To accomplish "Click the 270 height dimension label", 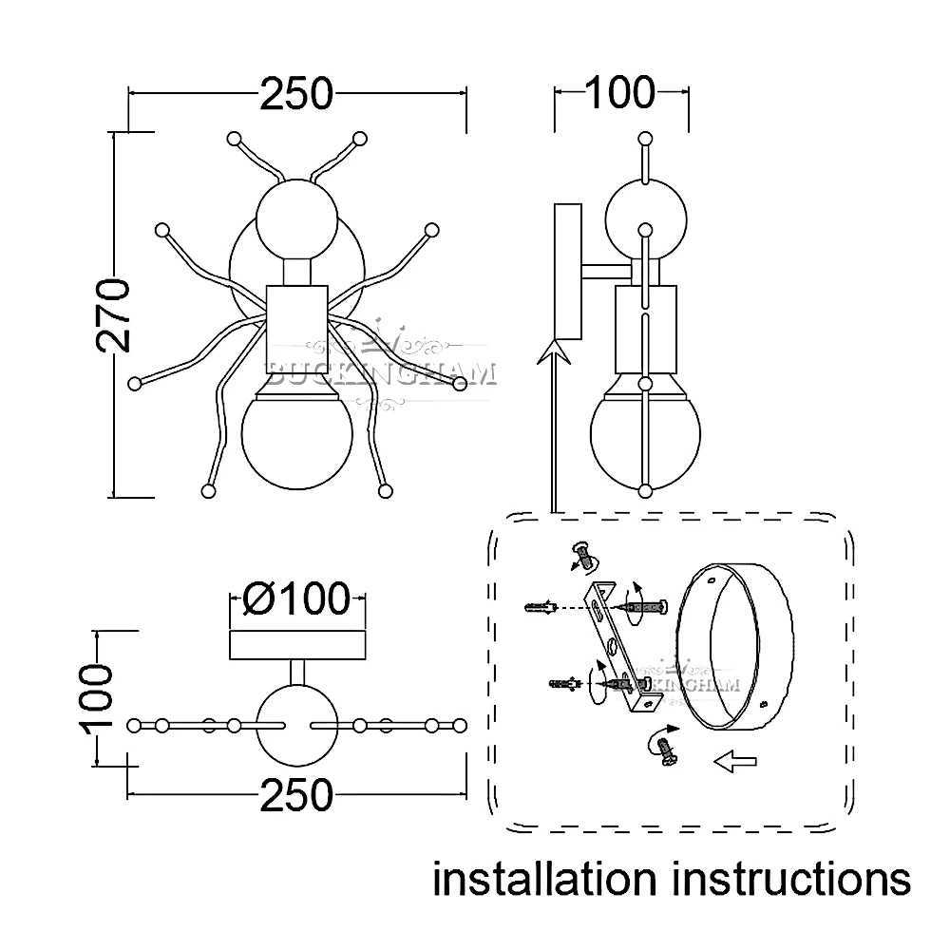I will click(114, 315).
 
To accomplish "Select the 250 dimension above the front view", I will click(297, 94).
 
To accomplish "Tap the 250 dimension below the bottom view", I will click(297, 795).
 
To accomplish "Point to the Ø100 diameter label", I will click(295, 598).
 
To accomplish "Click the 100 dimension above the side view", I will click(619, 93).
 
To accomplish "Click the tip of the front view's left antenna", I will click(234, 139).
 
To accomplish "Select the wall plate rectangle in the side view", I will click(568, 271).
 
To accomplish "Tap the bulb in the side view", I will click(645, 432).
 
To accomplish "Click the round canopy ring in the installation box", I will click(736, 646).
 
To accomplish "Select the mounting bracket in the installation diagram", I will click(622, 655).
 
